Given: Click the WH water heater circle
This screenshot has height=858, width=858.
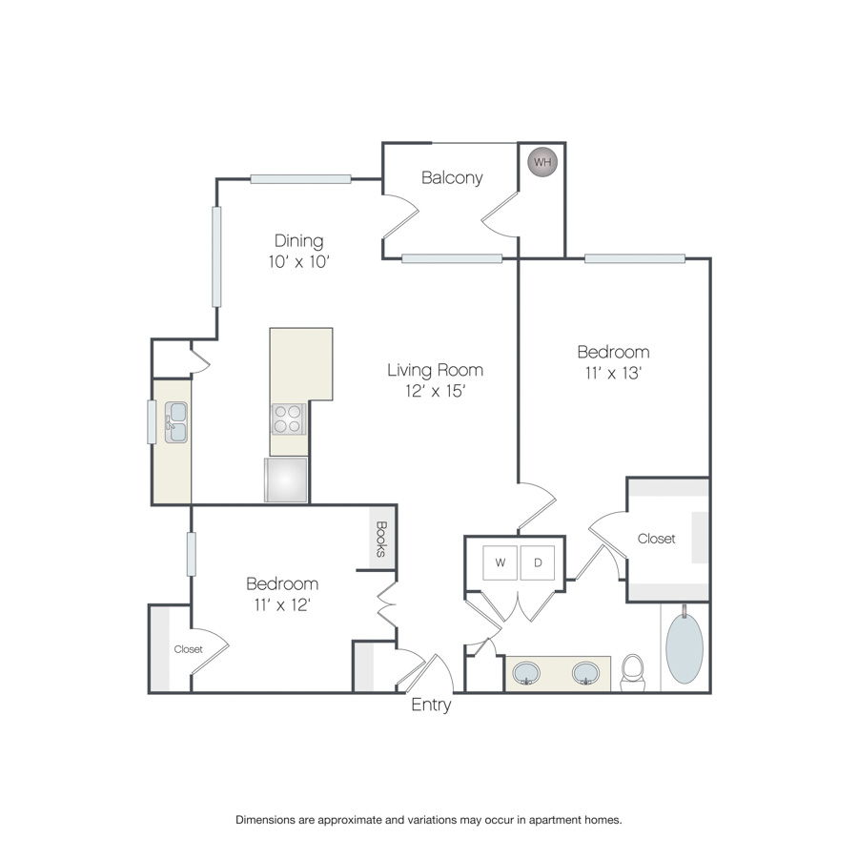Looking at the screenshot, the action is [542, 162].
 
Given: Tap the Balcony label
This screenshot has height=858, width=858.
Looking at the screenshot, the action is [452, 178].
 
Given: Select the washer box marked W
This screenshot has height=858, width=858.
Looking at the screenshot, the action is [500, 562].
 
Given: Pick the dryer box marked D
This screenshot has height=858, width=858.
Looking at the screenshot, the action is [538, 562].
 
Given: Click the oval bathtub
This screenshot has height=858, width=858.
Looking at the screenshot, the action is [684, 648].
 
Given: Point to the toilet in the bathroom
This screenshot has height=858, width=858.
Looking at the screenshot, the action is [633, 672].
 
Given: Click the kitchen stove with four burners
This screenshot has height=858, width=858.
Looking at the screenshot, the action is [288, 419].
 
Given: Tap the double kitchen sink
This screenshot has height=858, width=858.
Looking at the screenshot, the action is [176, 422].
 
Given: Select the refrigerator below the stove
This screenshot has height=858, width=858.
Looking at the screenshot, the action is [286, 480].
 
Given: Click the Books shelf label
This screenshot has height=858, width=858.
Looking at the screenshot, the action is [382, 539].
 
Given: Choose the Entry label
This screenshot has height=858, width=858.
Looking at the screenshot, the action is [431, 705].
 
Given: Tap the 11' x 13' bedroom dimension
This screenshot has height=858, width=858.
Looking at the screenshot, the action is [613, 373].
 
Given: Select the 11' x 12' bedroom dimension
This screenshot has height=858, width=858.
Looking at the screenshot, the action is [282, 604].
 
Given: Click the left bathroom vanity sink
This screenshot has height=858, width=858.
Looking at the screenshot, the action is [526, 673].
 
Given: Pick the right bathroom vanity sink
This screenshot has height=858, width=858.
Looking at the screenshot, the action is [585, 673].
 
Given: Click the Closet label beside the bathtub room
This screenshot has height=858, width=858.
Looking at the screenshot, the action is [656, 539].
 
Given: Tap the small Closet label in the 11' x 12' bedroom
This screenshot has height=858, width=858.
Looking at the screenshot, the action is [188, 649].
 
